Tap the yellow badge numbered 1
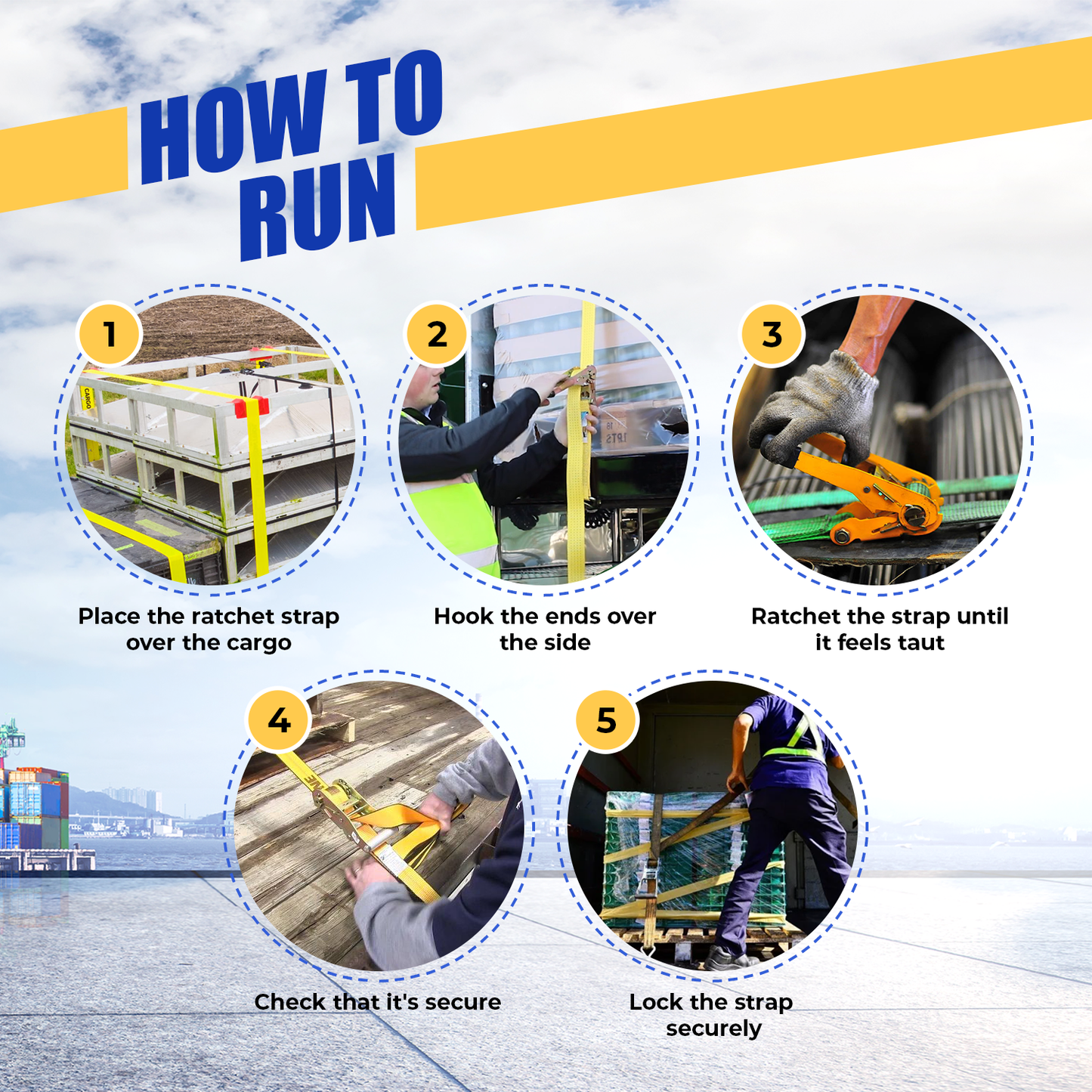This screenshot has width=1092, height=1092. tap(110, 334)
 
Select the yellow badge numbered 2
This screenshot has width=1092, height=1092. tap(436, 334)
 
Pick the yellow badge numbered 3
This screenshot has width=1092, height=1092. tap(772, 334)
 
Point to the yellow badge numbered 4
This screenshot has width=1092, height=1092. tap(279, 720)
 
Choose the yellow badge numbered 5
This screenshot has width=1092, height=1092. tap(606, 720)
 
